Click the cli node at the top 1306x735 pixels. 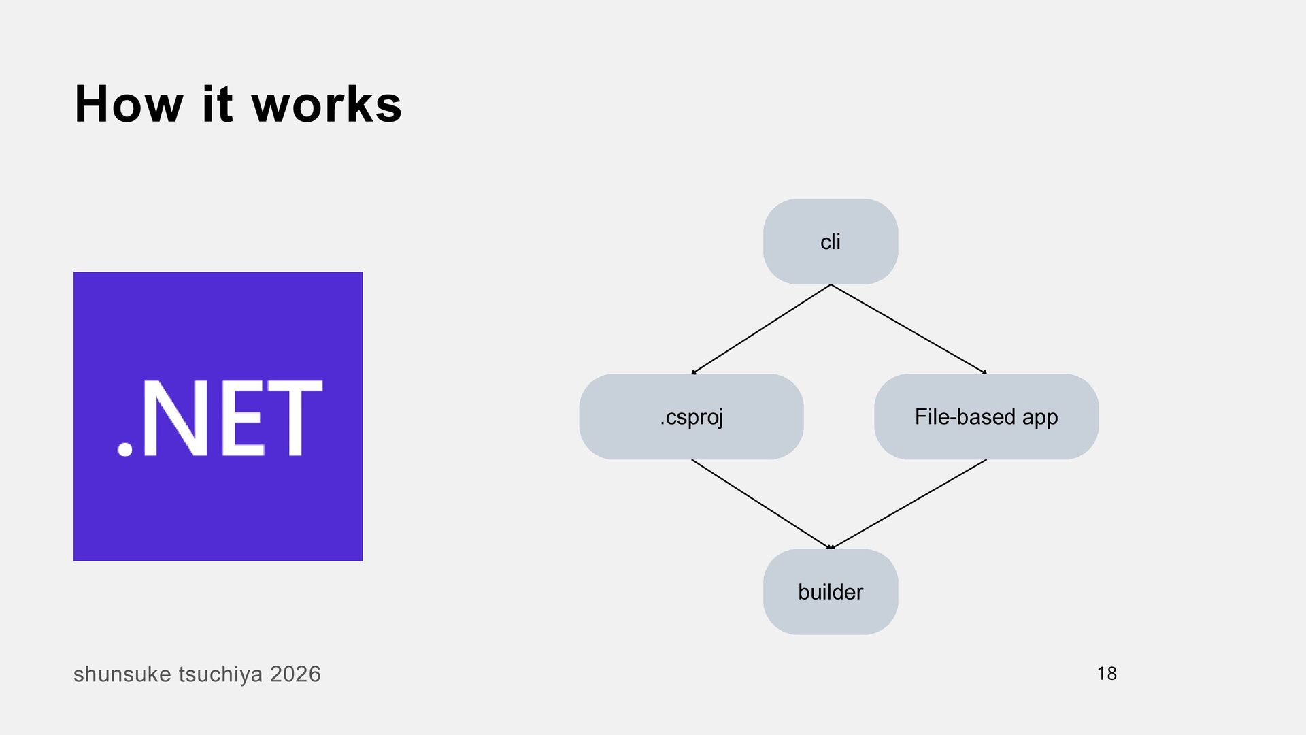point(831,242)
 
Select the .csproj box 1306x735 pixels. point(691,416)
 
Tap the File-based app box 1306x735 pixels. point(986,416)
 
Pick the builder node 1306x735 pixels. point(831,591)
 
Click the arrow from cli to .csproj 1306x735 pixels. point(761,329)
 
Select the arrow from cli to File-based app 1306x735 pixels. point(909,329)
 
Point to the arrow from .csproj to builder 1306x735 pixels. point(761,504)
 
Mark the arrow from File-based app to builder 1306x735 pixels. point(907,504)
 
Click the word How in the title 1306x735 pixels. point(129,105)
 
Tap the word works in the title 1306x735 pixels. point(327,105)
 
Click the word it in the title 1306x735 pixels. point(218,105)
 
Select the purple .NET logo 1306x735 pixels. point(218,416)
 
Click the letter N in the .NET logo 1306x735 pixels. point(175,417)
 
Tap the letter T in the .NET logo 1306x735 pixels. point(295,417)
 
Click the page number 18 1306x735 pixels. point(1107,674)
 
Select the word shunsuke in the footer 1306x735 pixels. point(122,674)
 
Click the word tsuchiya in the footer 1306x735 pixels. point(220,674)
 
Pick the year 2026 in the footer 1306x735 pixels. point(295,674)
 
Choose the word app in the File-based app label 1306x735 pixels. point(1040,418)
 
